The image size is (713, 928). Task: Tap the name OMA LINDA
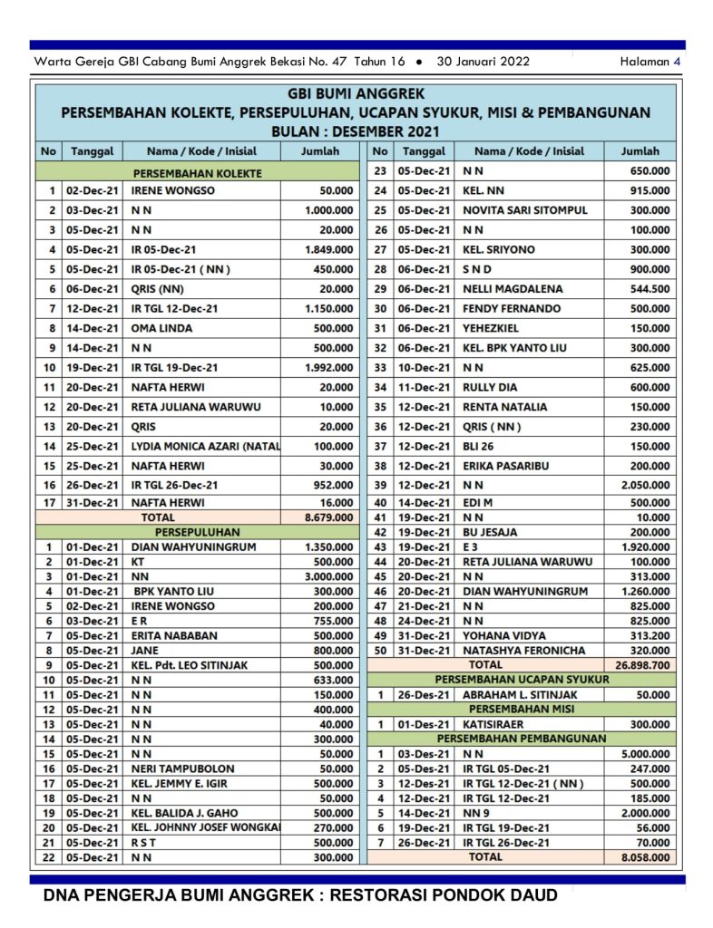(x=161, y=328)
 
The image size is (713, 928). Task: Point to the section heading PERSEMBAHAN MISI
(x=521, y=709)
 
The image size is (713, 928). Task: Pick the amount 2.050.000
(x=646, y=485)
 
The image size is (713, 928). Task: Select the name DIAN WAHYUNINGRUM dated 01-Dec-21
(x=193, y=547)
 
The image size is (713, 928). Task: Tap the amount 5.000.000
(x=646, y=753)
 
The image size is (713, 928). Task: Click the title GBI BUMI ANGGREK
(x=356, y=93)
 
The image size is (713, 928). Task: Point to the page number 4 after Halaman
(x=677, y=62)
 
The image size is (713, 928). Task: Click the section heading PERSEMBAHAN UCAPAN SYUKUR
(x=521, y=679)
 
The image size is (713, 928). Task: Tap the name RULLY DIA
(x=490, y=387)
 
